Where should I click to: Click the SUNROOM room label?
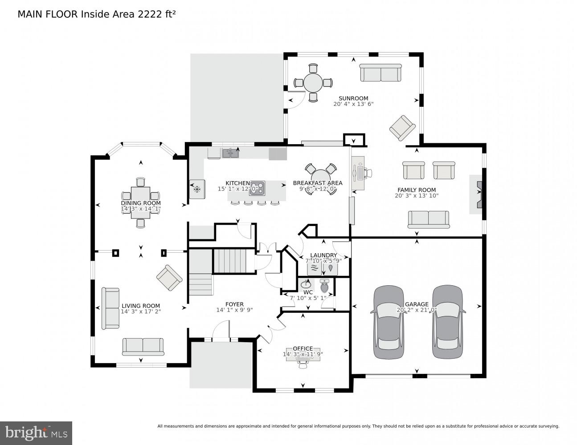tap(353, 98)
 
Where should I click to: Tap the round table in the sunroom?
tap(313, 82)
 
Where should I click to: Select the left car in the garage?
tap(389, 322)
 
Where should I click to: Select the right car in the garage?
tap(448, 322)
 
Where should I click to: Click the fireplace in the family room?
tap(477, 194)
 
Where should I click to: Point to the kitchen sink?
tap(230, 154)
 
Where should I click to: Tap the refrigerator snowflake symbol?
tap(196, 189)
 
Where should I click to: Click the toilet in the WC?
tap(324, 287)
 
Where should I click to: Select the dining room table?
tap(141, 202)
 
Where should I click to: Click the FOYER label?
tap(234, 304)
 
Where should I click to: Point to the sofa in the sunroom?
tap(381, 73)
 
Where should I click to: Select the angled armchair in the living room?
tap(169, 278)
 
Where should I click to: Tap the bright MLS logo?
tap(36, 433)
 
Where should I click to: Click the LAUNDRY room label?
tap(323, 255)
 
